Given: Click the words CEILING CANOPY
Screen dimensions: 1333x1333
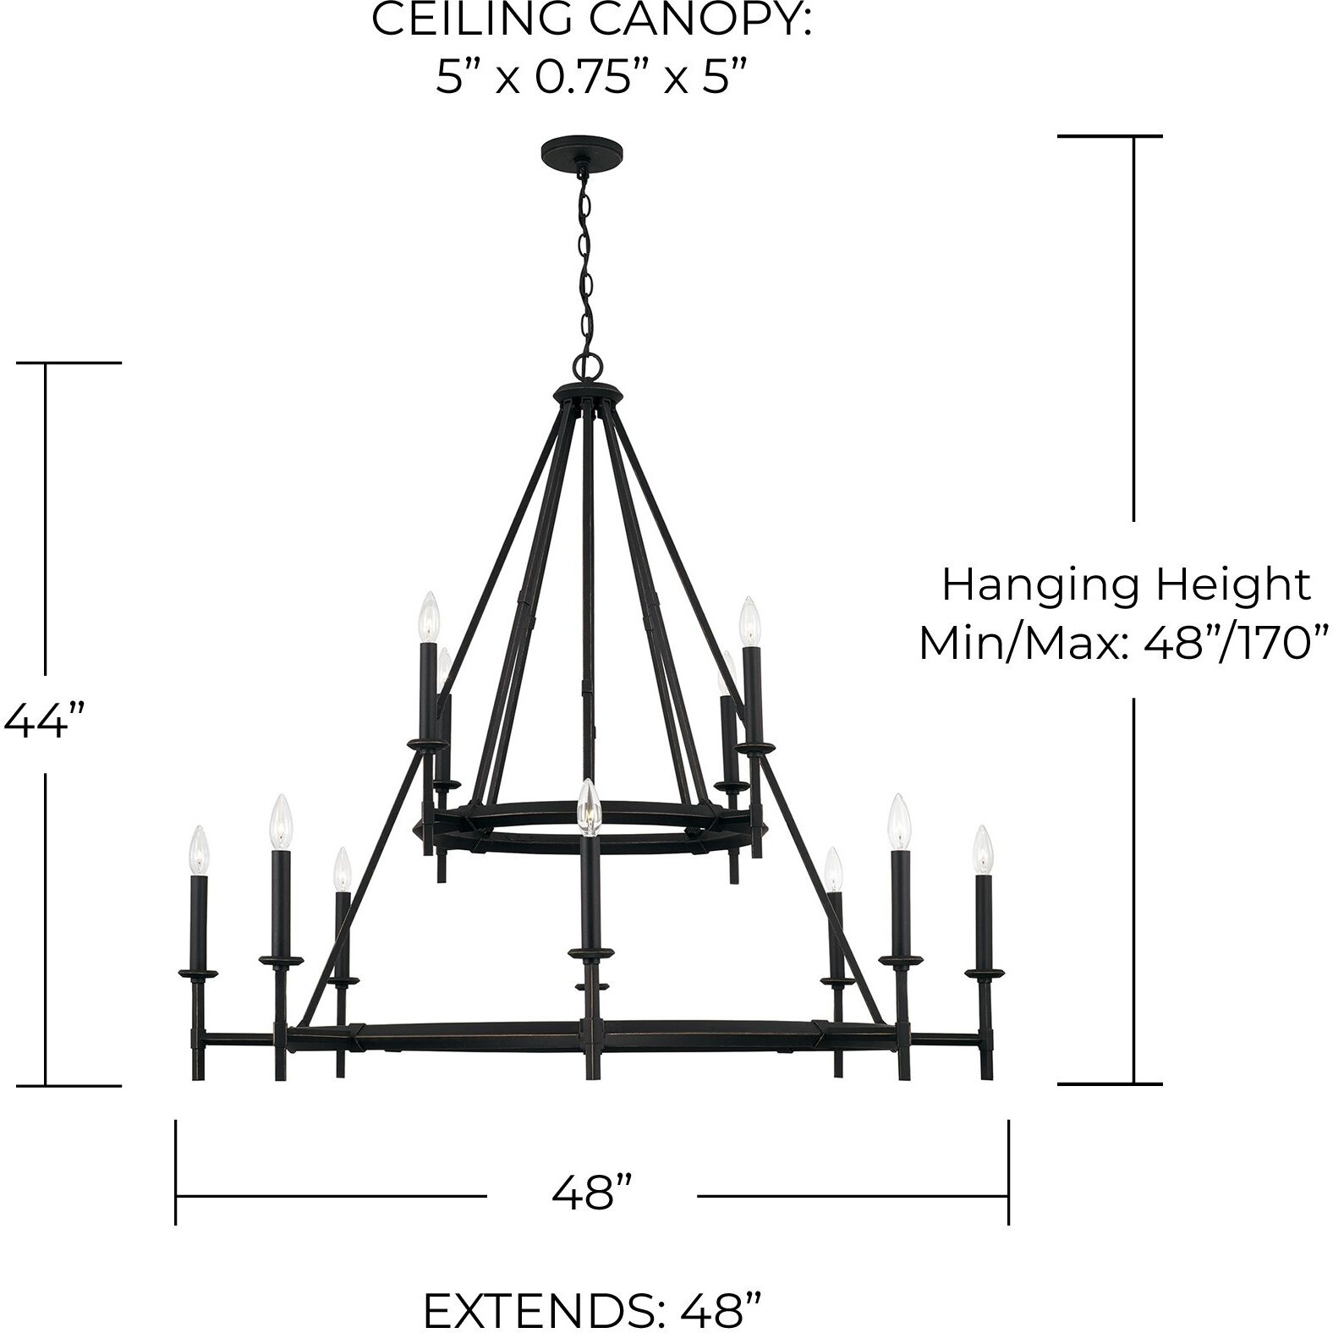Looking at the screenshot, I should pos(591,20).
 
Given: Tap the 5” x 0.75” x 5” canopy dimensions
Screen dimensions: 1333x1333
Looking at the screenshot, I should pos(592,79).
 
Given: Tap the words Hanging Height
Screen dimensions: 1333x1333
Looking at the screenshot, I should pos(1126,584).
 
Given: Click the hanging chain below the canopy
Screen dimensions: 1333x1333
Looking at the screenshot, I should pos(584,262).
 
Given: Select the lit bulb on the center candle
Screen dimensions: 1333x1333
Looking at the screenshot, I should pos(587,807).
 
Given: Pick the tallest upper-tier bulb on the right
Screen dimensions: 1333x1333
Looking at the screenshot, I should pos(749,622).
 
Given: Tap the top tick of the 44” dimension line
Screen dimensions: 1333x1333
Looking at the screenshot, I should pos(70,363).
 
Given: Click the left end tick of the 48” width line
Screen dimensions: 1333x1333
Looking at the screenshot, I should pos(176,1171).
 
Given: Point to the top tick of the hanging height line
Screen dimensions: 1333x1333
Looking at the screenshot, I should pos(1110,135).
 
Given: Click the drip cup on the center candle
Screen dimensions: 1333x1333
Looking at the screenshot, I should pos(590,954).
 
